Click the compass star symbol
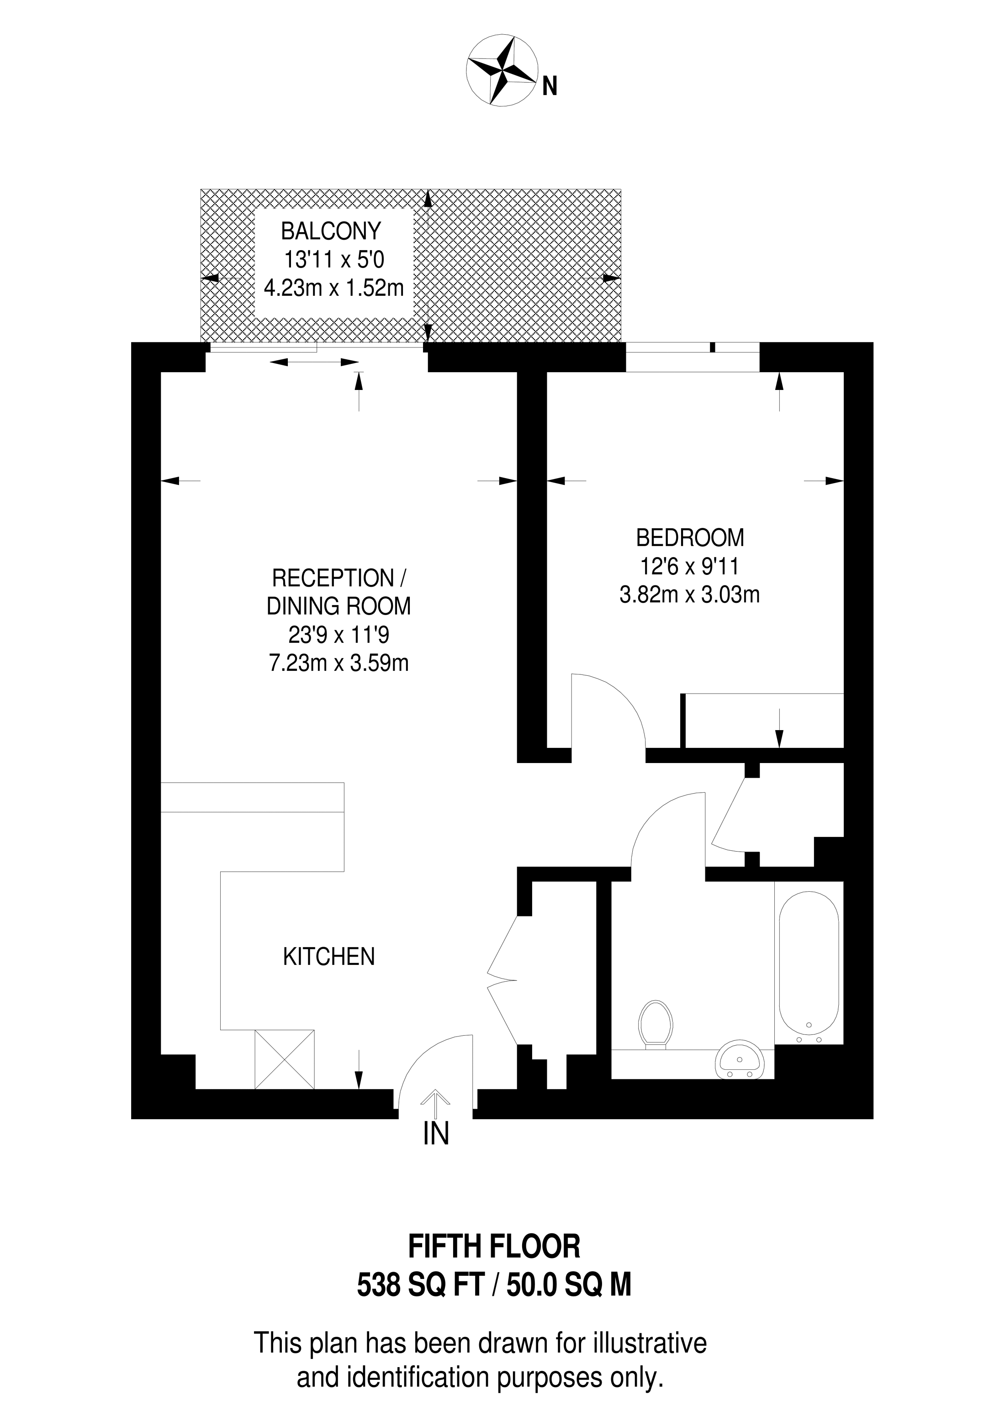(502, 71)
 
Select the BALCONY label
(331, 231)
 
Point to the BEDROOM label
(690, 538)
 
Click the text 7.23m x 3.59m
(339, 663)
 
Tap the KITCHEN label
(329, 957)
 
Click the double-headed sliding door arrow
(315, 362)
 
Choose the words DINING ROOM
(339, 606)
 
